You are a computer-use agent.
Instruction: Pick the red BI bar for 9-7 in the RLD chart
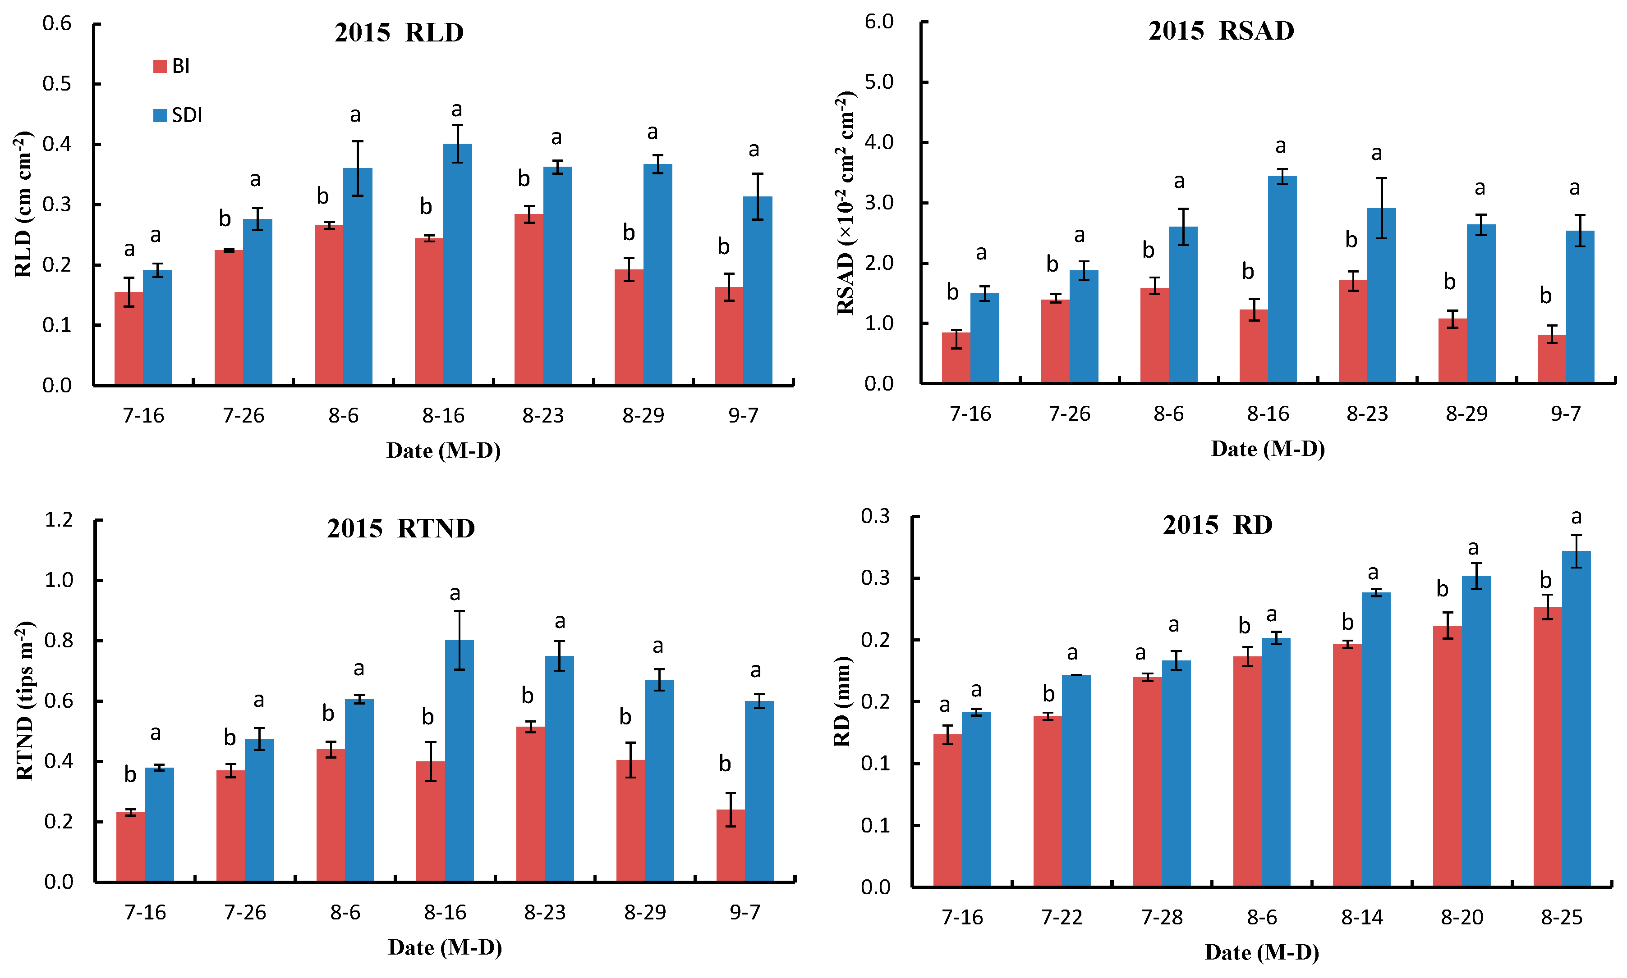click(729, 336)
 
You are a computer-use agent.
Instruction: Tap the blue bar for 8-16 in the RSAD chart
click(1282, 279)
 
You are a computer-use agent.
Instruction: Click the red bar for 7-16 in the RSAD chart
click(956, 358)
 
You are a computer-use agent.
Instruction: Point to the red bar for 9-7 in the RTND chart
click(731, 846)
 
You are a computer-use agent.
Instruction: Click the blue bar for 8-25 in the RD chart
click(1576, 719)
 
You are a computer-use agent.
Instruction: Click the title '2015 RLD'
click(399, 33)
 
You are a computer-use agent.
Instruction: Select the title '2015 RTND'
click(401, 528)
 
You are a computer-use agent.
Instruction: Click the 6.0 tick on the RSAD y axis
click(879, 22)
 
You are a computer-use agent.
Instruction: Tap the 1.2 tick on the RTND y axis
click(59, 520)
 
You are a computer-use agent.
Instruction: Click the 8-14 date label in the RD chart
click(1362, 917)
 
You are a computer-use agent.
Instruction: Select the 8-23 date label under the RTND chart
click(545, 912)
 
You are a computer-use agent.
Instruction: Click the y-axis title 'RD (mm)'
click(842, 701)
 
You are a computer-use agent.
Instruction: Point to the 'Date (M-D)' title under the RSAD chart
click(1268, 449)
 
